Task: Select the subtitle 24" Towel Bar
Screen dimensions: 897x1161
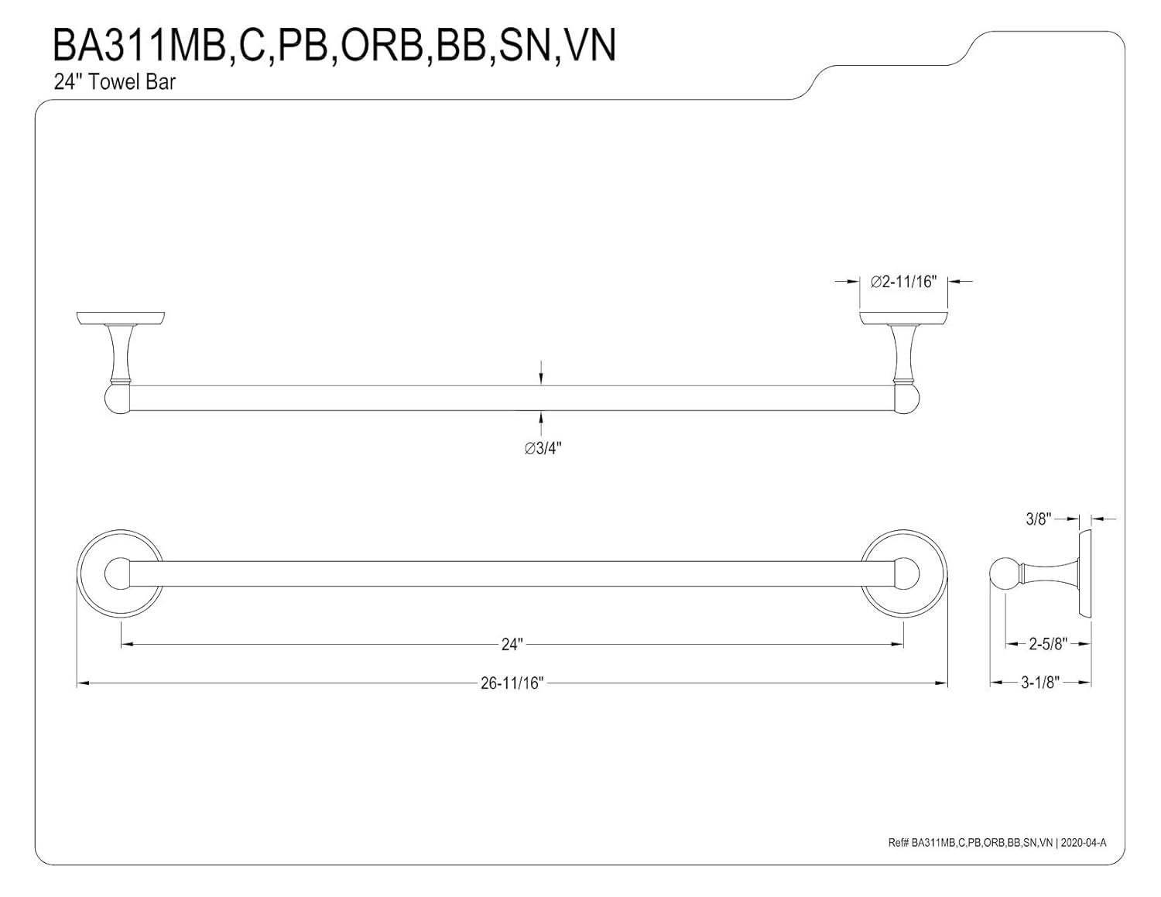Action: tap(115, 81)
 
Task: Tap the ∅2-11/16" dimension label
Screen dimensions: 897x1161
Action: tap(904, 282)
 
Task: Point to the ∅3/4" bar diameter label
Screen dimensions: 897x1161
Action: tap(543, 449)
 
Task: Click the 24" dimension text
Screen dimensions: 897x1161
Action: tap(512, 644)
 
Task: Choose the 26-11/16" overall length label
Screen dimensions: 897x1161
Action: tap(512, 683)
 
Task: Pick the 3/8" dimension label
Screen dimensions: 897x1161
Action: tap(1036, 519)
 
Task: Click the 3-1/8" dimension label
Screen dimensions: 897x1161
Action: tap(1040, 683)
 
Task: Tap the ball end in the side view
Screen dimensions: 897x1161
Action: tap(1005, 574)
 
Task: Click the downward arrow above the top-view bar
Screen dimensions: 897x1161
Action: tap(541, 375)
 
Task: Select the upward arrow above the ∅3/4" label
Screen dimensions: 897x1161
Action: tap(541, 420)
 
